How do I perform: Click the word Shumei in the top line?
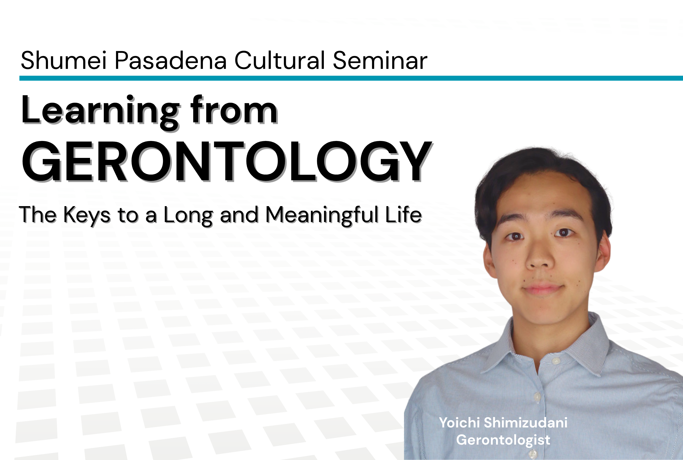[63, 60]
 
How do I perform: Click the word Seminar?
[380, 60]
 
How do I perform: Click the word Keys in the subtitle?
[87, 215]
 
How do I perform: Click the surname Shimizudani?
[525, 423]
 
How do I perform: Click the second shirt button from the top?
[537, 397]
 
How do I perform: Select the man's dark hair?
[542, 167]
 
